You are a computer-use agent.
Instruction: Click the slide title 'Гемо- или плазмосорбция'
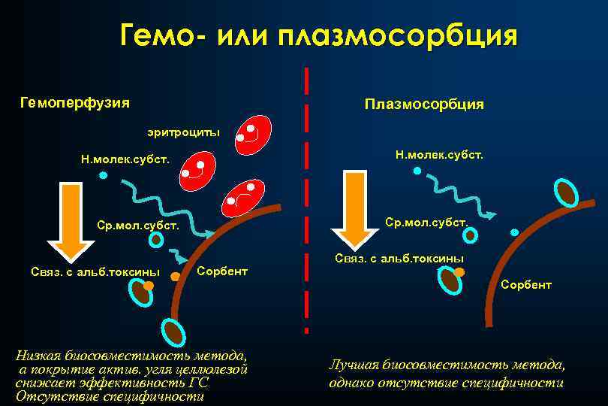coord(318,35)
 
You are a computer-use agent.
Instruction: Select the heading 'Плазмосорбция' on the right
coord(424,104)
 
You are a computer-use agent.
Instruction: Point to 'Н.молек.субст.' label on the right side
coord(439,154)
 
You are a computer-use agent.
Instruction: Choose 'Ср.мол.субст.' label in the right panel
coord(426,223)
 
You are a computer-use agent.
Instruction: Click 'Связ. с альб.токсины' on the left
coord(95,271)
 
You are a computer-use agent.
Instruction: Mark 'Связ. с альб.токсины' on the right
coord(399,258)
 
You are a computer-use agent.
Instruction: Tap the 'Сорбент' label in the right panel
coord(526,284)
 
